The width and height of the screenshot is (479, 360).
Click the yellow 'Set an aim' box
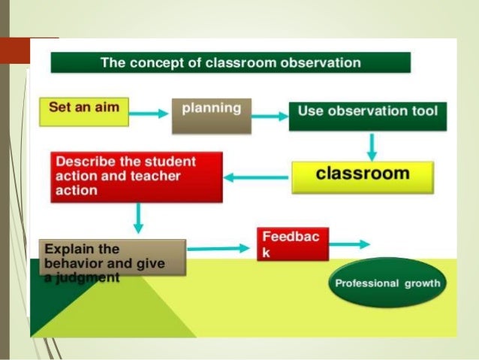pyautogui.click(x=83, y=110)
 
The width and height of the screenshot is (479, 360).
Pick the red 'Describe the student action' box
pyautogui.click(x=137, y=177)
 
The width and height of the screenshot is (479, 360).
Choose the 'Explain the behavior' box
pyautogui.click(x=111, y=257)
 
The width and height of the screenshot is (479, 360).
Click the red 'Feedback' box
pyautogui.click(x=292, y=244)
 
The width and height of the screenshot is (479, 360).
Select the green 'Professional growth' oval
pyautogui.click(x=387, y=283)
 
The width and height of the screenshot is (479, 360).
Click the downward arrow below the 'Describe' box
pyautogui.click(x=137, y=218)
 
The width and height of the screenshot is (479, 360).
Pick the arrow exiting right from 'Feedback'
pyautogui.click(x=349, y=244)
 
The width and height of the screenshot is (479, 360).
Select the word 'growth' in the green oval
pyautogui.click(x=422, y=283)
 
